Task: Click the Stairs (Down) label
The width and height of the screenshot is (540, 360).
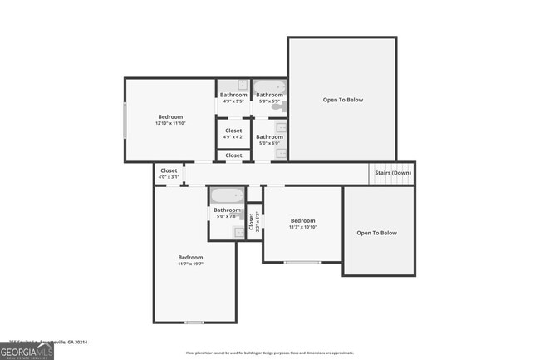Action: point(393,173)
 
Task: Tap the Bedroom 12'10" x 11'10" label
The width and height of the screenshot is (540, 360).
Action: point(170,120)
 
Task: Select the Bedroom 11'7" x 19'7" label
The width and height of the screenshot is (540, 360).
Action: point(190,260)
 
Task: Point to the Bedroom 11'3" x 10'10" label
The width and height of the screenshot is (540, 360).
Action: point(302,224)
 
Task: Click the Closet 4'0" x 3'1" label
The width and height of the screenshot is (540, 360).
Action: point(169,173)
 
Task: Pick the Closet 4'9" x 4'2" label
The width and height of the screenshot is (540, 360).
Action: point(233,133)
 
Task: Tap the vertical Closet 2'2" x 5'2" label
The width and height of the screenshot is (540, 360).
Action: point(251,222)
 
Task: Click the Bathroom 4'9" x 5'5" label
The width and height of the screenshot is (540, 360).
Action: point(233,98)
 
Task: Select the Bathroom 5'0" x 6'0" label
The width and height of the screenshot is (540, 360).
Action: point(269,140)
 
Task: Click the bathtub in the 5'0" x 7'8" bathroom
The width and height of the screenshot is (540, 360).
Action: point(226,196)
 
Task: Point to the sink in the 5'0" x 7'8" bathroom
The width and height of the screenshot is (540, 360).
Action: point(238,233)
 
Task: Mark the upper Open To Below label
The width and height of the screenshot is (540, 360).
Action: point(342,100)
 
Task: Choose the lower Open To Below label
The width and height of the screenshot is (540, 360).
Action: point(376,233)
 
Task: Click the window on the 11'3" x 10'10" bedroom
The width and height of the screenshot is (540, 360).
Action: point(302,263)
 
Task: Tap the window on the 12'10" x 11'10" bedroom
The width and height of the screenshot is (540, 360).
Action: point(125,120)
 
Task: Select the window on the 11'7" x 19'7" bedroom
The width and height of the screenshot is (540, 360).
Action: point(194,323)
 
